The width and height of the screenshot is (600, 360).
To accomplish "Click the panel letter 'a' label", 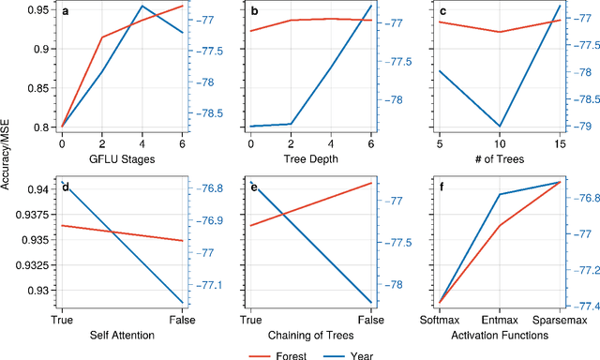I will click(63, 12).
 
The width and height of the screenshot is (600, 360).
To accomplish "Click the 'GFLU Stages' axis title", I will click(121, 158).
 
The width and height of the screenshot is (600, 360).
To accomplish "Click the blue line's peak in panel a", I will click(142, 7).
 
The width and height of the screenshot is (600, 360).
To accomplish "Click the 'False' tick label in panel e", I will click(370, 320).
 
